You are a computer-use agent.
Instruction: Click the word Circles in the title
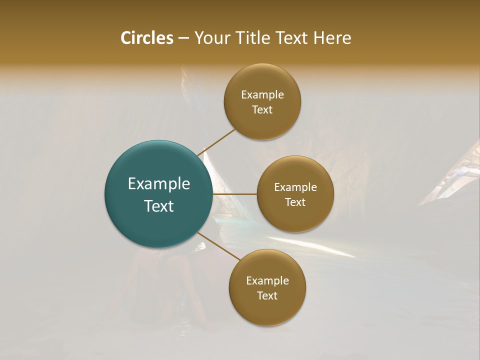pyautogui.click(x=146, y=38)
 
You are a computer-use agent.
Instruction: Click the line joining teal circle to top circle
pyautogui.click(x=216, y=142)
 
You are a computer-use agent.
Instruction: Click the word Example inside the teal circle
pyautogui.click(x=159, y=184)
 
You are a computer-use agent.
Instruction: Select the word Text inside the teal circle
pyautogui.click(x=159, y=206)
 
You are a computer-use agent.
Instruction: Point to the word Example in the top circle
pyautogui.click(x=262, y=95)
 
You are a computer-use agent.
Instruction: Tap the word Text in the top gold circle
pyautogui.click(x=262, y=109)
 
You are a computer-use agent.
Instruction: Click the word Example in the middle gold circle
pyautogui.click(x=295, y=187)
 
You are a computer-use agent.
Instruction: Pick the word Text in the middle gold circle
pyautogui.click(x=295, y=202)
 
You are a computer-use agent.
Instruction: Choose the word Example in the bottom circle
pyautogui.click(x=267, y=281)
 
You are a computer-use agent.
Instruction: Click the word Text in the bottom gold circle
pyautogui.click(x=267, y=295)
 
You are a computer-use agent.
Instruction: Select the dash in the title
pyautogui.click(x=183, y=38)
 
